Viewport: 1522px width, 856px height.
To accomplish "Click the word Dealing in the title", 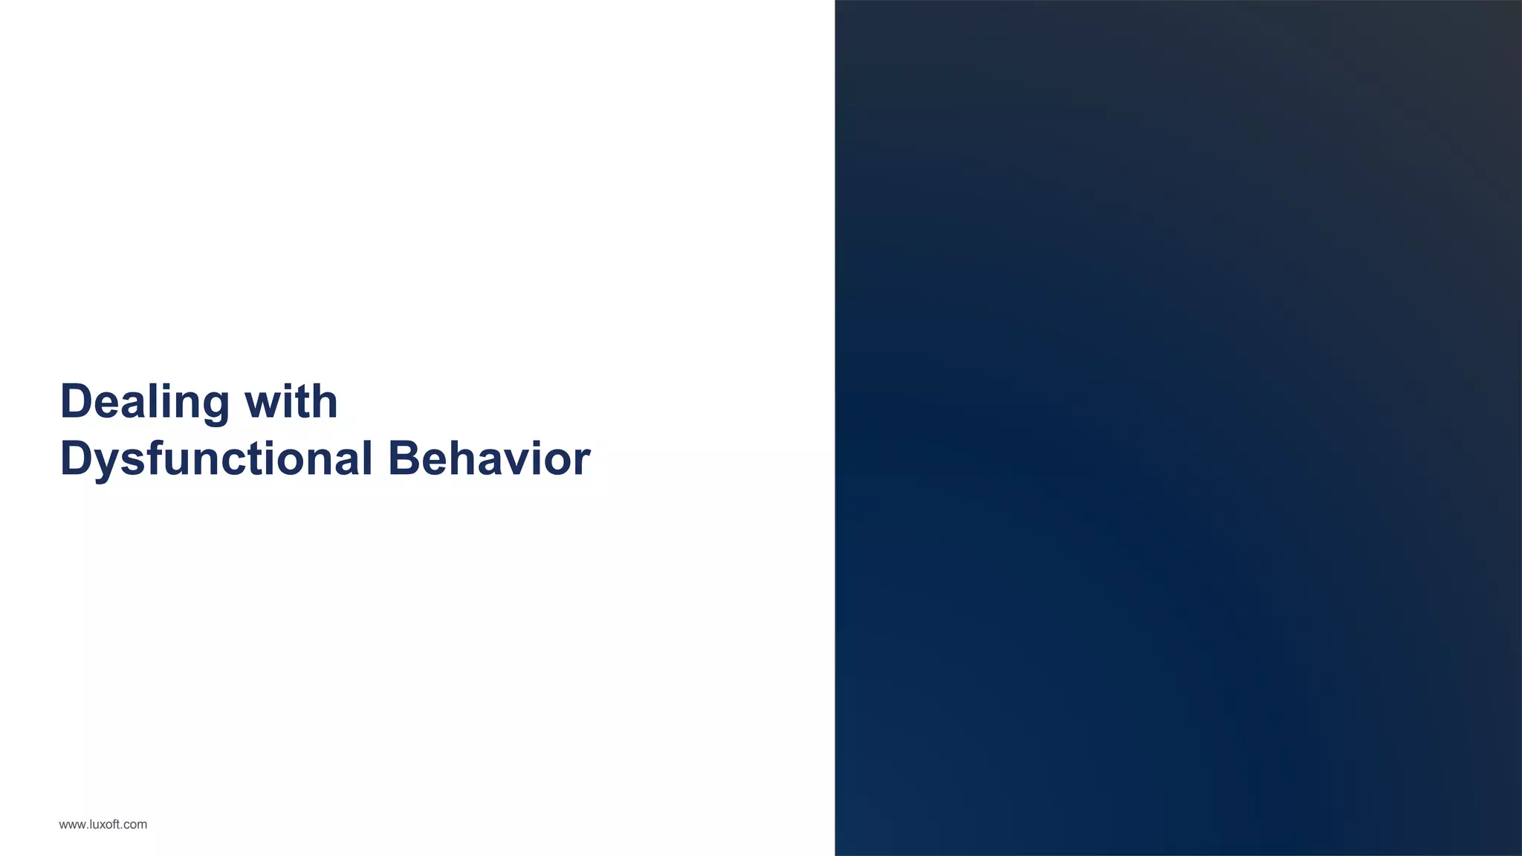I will tap(145, 402).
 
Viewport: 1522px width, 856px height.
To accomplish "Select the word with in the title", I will tap(291, 402).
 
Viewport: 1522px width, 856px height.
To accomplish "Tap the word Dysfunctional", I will tap(216, 458).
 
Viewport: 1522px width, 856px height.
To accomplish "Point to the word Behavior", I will tap(489, 458).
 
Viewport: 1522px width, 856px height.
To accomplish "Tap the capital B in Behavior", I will tap(404, 458).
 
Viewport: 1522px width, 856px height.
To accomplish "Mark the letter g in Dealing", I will tap(214, 406).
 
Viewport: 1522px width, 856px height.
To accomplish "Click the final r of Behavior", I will tap(583, 462).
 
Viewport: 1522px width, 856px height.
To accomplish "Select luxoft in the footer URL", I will tap(104, 824).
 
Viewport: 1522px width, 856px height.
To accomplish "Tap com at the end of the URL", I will tap(136, 825).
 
